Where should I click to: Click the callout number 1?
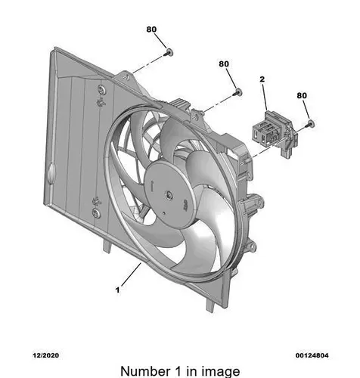117,290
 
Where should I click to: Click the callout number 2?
262,79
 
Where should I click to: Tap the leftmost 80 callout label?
151,29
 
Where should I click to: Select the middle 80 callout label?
224,64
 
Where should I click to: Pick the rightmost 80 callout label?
302,95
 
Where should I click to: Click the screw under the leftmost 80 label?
169,53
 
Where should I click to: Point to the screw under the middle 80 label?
237,92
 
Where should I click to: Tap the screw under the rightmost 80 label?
309,123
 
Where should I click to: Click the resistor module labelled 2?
275,134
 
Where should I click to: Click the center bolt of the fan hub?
168,194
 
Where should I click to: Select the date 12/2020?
46,355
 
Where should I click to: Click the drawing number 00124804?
312,355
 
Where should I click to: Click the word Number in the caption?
145,371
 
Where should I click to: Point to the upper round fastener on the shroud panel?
101,89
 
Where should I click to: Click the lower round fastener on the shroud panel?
96,213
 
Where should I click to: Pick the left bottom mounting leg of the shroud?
107,245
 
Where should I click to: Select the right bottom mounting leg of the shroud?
211,305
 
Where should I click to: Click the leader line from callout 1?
131,274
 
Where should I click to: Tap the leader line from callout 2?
265,97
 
